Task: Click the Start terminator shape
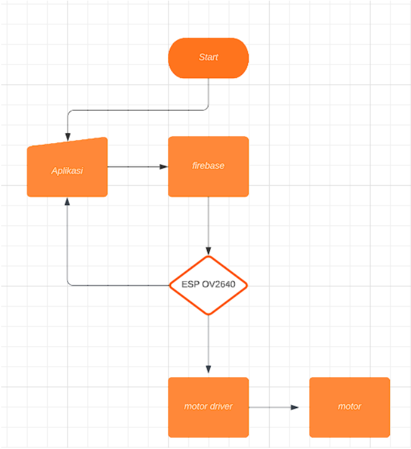208,58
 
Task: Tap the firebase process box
208,166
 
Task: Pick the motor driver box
208,407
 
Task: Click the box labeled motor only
350,407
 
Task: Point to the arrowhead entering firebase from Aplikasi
164,167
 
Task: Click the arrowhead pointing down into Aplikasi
67,137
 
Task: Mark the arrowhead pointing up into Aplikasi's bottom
67,201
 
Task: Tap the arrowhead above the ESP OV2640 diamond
208,251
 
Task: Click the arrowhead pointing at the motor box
294,407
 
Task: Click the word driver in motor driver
221,407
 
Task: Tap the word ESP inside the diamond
190,285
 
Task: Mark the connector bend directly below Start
208,110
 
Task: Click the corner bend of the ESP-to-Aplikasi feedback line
68,285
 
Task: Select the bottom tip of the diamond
208,314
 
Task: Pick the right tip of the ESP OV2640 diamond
247,285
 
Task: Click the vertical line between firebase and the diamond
208,223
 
